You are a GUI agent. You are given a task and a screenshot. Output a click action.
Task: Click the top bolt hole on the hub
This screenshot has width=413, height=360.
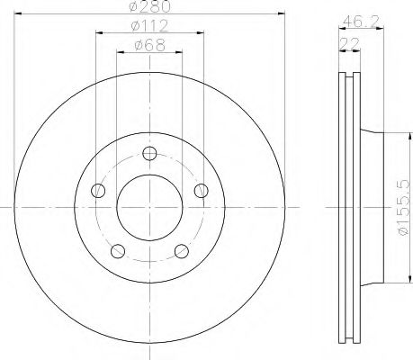149,152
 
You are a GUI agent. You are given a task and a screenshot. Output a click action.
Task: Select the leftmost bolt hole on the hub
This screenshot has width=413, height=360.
97,190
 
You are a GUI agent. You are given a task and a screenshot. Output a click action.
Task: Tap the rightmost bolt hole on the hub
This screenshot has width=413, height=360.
202,190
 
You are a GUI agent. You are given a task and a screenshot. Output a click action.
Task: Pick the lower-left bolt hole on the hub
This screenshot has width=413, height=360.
117,250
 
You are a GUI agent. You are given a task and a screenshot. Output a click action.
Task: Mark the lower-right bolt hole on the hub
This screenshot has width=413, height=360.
182,250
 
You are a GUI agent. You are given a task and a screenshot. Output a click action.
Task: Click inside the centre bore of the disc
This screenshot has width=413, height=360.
149,206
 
